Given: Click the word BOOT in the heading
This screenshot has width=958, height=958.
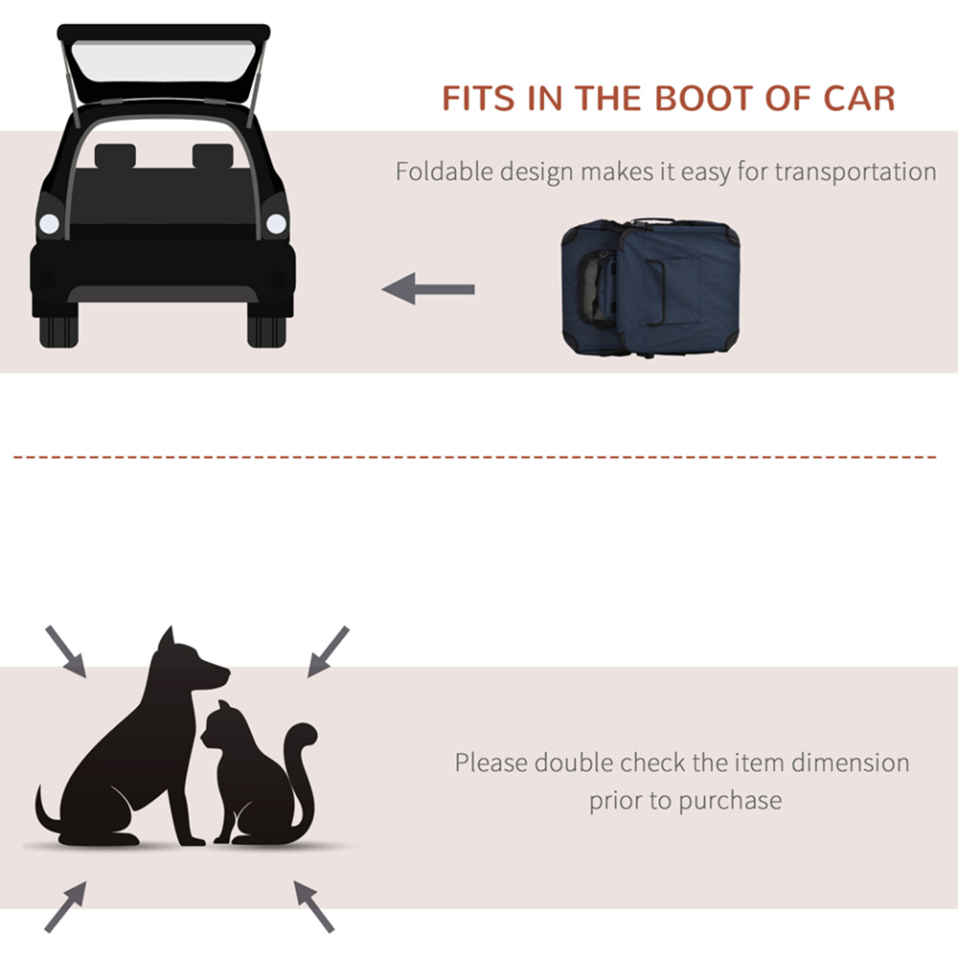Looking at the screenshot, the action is [705, 99].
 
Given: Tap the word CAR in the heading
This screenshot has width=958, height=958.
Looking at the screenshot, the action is [859, 99].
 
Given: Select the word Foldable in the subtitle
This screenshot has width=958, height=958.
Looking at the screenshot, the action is [445, 171].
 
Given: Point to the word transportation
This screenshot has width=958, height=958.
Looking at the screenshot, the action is [855, 172].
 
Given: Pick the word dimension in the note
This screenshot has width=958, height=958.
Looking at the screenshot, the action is [851, 764].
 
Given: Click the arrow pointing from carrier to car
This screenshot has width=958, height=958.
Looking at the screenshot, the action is [428, 288].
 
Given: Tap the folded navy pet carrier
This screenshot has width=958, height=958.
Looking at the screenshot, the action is [650, 286].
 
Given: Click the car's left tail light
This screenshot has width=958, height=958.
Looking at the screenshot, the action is [49, 224].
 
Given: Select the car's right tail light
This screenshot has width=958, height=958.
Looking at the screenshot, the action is [276, 224].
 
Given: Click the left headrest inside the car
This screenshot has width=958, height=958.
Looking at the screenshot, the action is [115, 156].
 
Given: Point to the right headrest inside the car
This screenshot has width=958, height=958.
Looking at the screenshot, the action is [213, 156].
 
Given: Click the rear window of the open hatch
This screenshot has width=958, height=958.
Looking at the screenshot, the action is [163, 61].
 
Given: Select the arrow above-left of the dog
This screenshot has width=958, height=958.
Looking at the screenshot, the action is [66, 651].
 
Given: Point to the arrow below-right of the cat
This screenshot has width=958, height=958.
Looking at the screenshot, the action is [313, 906].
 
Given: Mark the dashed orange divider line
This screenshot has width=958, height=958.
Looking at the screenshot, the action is [475, 456].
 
